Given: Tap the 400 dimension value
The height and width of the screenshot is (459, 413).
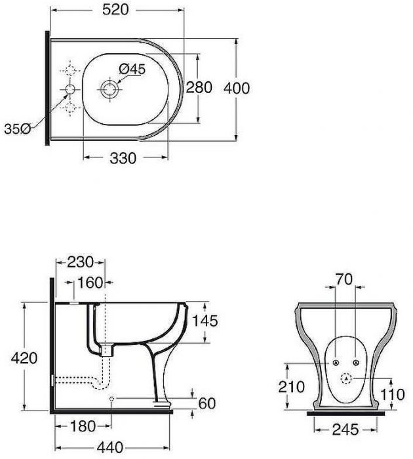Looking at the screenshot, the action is click(x=237, y=88).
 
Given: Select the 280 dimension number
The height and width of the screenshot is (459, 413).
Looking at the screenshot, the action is click(x=199, y=87).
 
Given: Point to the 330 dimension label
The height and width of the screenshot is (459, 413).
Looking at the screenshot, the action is click(x=123, y=158).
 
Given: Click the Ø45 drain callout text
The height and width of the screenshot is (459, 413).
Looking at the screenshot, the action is click(x=132, y=69).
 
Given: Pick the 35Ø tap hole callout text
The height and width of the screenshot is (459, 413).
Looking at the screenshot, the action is click(x=18, y=129).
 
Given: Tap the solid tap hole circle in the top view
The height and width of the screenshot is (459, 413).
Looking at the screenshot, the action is click(x=70, y=89).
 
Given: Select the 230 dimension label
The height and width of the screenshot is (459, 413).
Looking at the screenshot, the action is click(x=80, y=262).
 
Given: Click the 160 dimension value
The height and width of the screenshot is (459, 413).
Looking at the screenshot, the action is click(x=90, y=283).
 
